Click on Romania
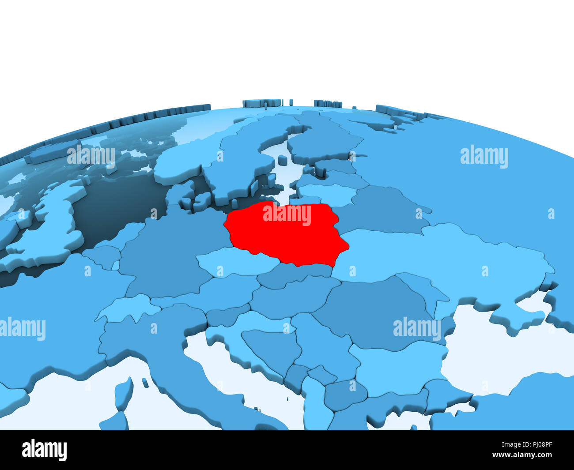pyautogui.click(x=375, y=309)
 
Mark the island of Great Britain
pyautogui.click(x=57, y=221)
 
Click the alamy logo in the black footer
pyautogui.click(x=45, y=450)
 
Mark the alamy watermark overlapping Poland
pyautogui.click(x=287, y=214)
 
